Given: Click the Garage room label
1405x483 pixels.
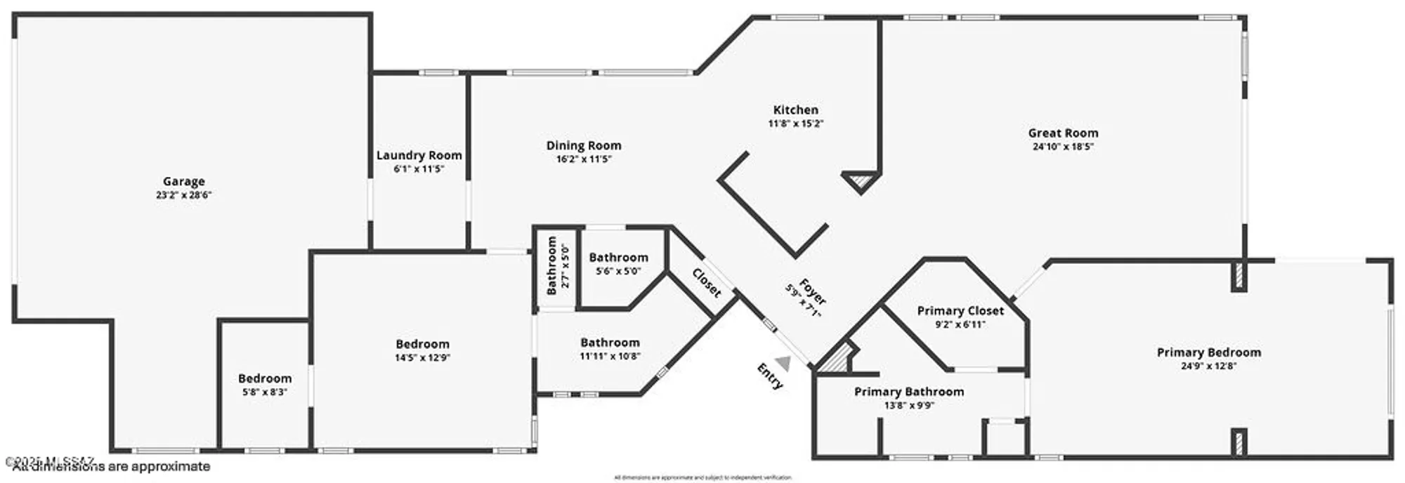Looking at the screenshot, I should coord(183,181).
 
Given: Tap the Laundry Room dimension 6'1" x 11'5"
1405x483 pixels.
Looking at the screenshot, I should coord(419,169).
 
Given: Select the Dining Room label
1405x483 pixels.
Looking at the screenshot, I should coord(584,145).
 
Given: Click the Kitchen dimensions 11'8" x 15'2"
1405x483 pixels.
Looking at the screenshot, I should coord(795,124).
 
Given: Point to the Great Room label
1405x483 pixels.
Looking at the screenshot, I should coord(1063,133).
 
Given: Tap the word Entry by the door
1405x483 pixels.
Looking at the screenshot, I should coord(769,376).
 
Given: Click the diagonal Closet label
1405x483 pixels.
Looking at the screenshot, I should coord(707,282).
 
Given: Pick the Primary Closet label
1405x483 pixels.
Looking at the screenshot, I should coord(960,310).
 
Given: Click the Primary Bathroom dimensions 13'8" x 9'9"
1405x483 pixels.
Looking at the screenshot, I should coord(909,405).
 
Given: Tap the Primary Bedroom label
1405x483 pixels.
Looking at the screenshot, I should coord(1208,352).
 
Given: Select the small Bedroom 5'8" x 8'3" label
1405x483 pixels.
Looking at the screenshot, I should coord(265,378).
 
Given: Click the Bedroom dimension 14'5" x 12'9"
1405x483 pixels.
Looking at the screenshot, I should coord(422,357).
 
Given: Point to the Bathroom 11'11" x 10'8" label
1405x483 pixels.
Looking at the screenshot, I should coord(610,343).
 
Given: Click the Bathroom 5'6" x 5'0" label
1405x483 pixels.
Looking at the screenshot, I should coord(618,258).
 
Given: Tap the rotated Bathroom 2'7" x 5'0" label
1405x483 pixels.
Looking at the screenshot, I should coord(552,265).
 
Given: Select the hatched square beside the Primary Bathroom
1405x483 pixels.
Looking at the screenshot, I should coord(836,360).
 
